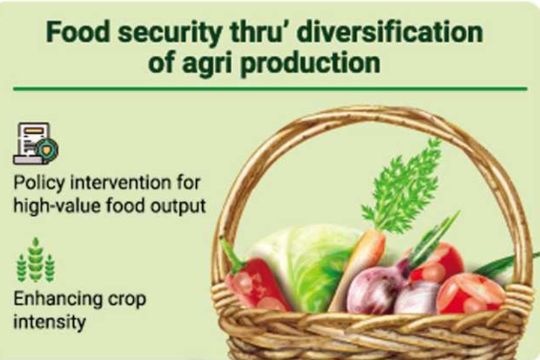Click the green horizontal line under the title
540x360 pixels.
pos(270,89)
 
